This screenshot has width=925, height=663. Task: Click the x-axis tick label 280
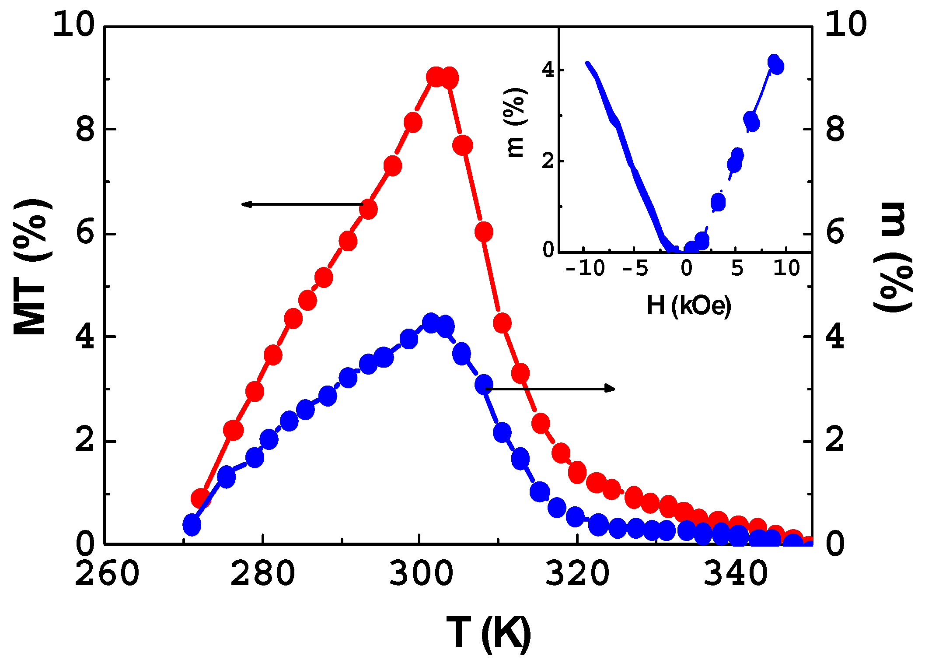(x=262, y=574)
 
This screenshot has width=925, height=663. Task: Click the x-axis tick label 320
(x=577, y=574)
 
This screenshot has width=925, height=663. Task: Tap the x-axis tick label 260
(x=107, y=574)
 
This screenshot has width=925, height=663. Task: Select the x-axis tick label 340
(x=736, y=574)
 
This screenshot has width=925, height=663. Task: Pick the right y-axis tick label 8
(x=835, y=129)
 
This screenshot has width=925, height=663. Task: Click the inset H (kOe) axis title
(x=688, y=305)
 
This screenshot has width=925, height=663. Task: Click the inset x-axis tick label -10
(x=585, y=268)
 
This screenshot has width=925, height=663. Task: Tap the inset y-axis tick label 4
(x=548, y=70)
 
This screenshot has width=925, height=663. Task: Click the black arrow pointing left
(x=302, y=204)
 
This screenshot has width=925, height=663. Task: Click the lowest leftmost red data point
(x=201, y=498)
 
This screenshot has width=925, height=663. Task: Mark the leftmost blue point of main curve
(x=192, y=525)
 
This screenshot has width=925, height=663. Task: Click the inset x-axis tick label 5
(x=737, y=268)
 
